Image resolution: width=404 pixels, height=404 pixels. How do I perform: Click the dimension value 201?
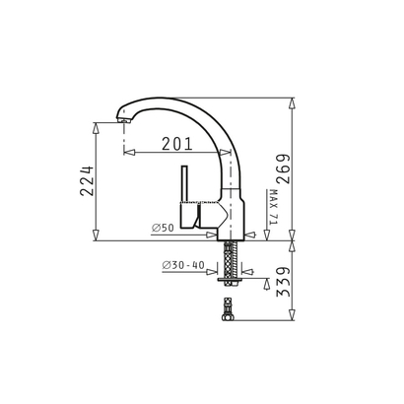pyautogui.click(x=177, y=144)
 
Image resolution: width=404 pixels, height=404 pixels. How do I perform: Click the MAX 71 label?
pyautogui.click(x=273, y=208)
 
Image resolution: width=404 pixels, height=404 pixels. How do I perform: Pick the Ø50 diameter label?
pyautogui.click(x=164, y=229)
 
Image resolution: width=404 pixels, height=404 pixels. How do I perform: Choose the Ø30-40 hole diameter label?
pyautogui.click(x=181, y=265)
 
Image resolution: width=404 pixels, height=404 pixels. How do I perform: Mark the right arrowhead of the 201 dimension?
pyautogui.click(x=227, y=153)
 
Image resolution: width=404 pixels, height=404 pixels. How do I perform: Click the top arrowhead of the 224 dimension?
pyautogui.click(x=96, y=126)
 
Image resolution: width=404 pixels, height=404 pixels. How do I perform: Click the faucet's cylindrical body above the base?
pyautogui.click(x=233, y=207)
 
